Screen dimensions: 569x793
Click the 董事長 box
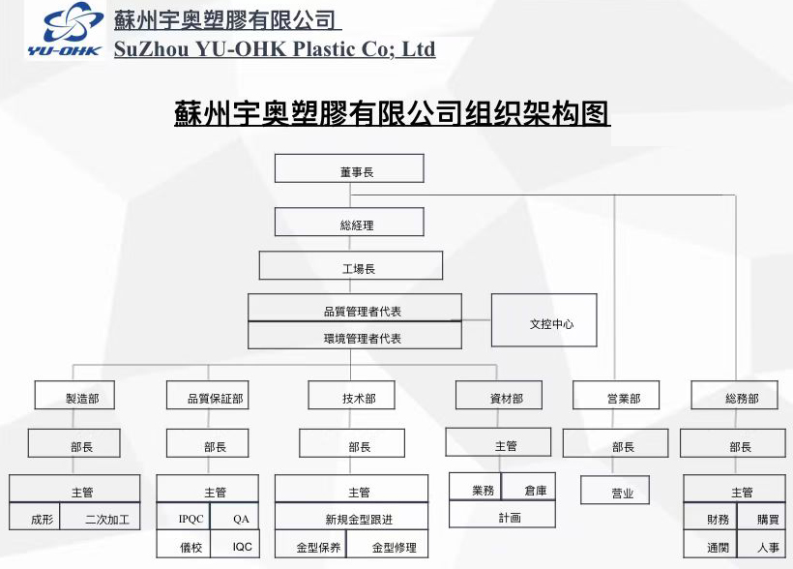(349, 169)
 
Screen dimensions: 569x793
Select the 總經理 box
(349, 224)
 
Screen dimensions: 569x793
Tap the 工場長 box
(350, 266)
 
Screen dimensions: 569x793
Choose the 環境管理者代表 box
(355, 337)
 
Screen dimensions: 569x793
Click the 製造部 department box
(81, 396)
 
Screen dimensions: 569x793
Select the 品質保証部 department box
(207, 396)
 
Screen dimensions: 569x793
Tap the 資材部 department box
(498, 396)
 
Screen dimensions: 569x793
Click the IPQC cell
(184, 519)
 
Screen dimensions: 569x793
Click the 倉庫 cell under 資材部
(530, 489)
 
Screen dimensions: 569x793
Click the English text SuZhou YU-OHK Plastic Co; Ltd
(275, 49)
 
